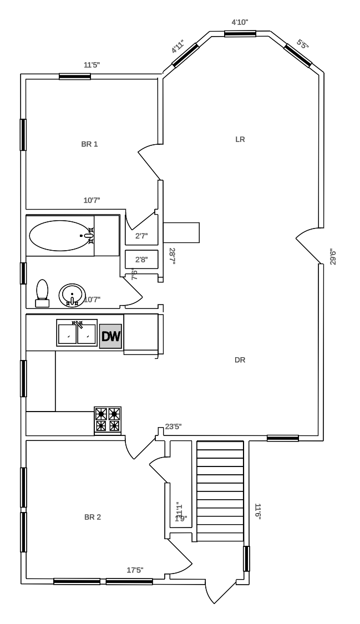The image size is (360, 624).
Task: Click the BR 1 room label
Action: click(89, 144)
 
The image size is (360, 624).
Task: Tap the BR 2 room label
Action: click(92, 517)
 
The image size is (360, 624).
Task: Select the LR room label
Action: click(240, 139)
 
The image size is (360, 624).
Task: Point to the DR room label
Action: click(240, 360)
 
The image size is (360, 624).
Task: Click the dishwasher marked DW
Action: click(110, 336)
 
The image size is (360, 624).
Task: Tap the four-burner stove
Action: click(108, 419)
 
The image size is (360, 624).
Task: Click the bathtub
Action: click(61, 236)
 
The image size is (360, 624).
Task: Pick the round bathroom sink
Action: click(72, 295)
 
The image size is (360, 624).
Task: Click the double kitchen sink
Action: click(77, 333)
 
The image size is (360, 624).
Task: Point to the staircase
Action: click(220, 491)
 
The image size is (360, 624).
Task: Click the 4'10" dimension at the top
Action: click(240, 22)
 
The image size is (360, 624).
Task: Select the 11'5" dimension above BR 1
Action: click(92, 65)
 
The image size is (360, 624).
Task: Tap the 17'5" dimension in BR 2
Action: click(135, 570)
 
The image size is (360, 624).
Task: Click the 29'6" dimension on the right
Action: click(333, 257)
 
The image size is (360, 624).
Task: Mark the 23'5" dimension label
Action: click(173, 427)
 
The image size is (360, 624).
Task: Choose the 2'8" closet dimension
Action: click(141, 259)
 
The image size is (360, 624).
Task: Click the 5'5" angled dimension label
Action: click(302, 44)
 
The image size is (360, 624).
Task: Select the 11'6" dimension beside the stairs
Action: click(257, 511)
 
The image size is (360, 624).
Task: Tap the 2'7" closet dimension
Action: click(141, 236)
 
